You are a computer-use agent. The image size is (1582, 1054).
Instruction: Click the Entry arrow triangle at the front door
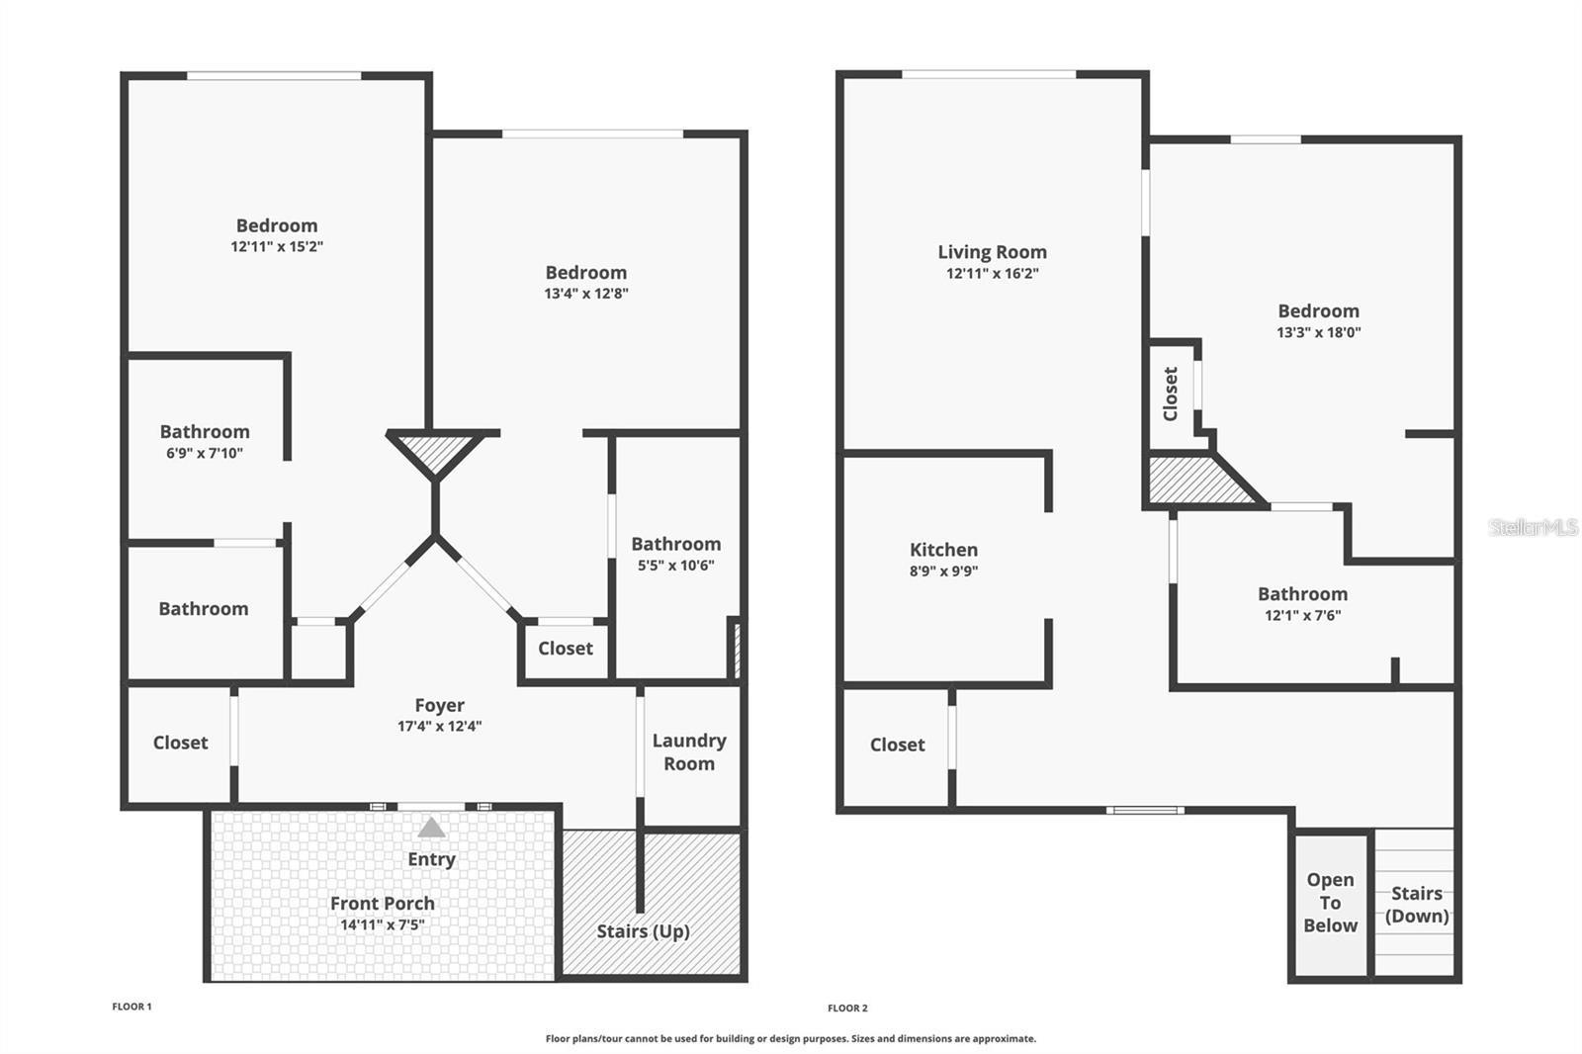coord(431,828)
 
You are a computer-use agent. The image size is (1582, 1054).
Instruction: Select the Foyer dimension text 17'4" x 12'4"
coord(439,726)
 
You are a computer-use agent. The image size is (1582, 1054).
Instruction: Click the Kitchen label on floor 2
coord(943,550)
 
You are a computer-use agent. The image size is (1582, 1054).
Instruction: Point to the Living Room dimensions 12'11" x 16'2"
coord(992,274)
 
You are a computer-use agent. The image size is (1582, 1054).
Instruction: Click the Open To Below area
coord(1330,902)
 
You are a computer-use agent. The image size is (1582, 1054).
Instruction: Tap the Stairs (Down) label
coord(1416,904)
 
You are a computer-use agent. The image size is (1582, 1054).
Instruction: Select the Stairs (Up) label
coord(643,931)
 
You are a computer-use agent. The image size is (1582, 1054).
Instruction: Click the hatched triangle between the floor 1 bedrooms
coord(435,453)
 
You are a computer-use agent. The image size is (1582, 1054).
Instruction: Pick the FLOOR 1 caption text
coord(132,1007)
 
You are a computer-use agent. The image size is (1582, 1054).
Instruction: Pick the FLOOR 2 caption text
coord(847,1008)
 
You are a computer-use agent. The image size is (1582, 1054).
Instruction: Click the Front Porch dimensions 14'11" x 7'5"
coord(382,925)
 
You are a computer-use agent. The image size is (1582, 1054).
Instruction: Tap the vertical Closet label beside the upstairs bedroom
coord(1171,394)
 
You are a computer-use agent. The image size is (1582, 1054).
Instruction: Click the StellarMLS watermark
coord(1533,527)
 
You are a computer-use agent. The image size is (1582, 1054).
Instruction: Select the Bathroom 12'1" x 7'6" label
coord(1302,594)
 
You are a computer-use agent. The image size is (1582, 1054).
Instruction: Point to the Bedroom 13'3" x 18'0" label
coord(1318,311)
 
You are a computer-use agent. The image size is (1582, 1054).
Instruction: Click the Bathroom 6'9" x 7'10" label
coord(205,432)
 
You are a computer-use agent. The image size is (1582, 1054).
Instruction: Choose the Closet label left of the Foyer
coord(180,743)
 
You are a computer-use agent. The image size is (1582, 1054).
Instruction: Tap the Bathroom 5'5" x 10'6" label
coord(675,545)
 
